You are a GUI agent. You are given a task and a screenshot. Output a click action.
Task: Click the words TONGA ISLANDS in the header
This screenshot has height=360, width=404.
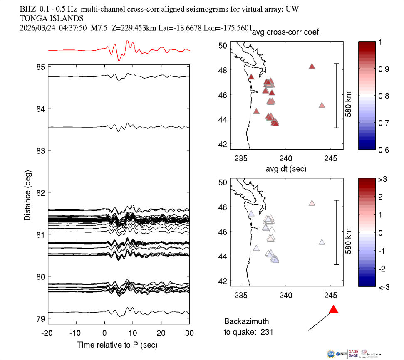click(x=52, y=18)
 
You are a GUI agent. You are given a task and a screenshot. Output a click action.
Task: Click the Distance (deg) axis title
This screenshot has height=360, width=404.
click(x=27, y=192)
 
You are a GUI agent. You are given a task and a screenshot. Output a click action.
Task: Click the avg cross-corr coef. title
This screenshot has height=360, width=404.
click(x=286, y=32)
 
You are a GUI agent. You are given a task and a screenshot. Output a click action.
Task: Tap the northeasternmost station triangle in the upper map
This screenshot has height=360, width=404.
click(x=312, y=66)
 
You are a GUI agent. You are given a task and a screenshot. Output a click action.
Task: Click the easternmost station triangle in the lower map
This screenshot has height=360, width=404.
click(x=322, y=242)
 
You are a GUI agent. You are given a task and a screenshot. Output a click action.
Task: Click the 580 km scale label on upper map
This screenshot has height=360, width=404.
click(x=348, y=96)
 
